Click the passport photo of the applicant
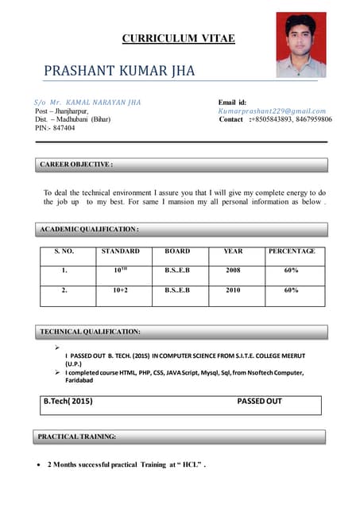[x=300, y=45]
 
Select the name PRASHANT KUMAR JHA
[x=119, y=72]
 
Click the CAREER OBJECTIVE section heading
[x=76, y=165]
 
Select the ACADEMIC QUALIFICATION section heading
[x=90, y=229]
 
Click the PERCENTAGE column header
[x=292, y=251]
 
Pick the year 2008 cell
[x=233, y=270]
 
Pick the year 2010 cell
[x=233, y=291]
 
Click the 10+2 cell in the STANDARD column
[x=121, y=291]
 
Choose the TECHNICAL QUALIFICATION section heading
[x=91, y=331]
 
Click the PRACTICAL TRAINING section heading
[x=78, y=437]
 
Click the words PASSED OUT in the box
[x=260, y=402]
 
